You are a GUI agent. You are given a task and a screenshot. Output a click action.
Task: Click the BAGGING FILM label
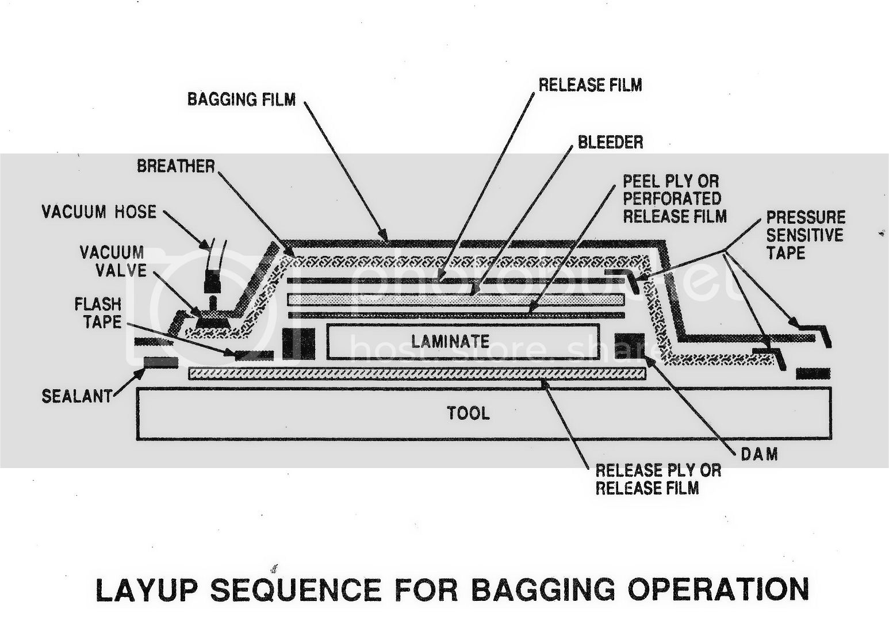[x=241, y=99]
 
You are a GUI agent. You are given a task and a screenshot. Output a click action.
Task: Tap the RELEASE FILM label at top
[x=590, y=85]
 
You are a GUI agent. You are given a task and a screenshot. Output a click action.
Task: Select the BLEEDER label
[x=610, y=142]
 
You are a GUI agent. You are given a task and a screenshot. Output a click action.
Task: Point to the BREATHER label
[x=175, y=167]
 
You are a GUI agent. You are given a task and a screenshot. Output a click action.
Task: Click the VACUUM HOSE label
[x=99, y=212]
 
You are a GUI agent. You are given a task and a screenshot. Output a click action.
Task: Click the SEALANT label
[x=76, y=396]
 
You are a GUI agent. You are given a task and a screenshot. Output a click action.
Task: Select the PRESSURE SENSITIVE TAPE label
[x=805, y=235]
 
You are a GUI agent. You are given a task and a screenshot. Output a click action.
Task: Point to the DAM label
[x=759, y=454]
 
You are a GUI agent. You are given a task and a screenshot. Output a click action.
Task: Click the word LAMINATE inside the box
[x=450, y=342]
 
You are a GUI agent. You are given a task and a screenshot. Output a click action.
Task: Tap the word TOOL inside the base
[x=469, y=413]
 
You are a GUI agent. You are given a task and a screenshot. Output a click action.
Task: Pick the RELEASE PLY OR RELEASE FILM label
[x=658, y=479]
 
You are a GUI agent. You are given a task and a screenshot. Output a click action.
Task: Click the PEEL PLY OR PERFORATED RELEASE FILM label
[x=675, y=199]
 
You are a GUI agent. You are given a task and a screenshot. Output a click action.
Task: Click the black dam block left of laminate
[x=298, y=343]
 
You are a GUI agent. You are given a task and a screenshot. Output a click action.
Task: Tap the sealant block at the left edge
[x=160, y=362]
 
